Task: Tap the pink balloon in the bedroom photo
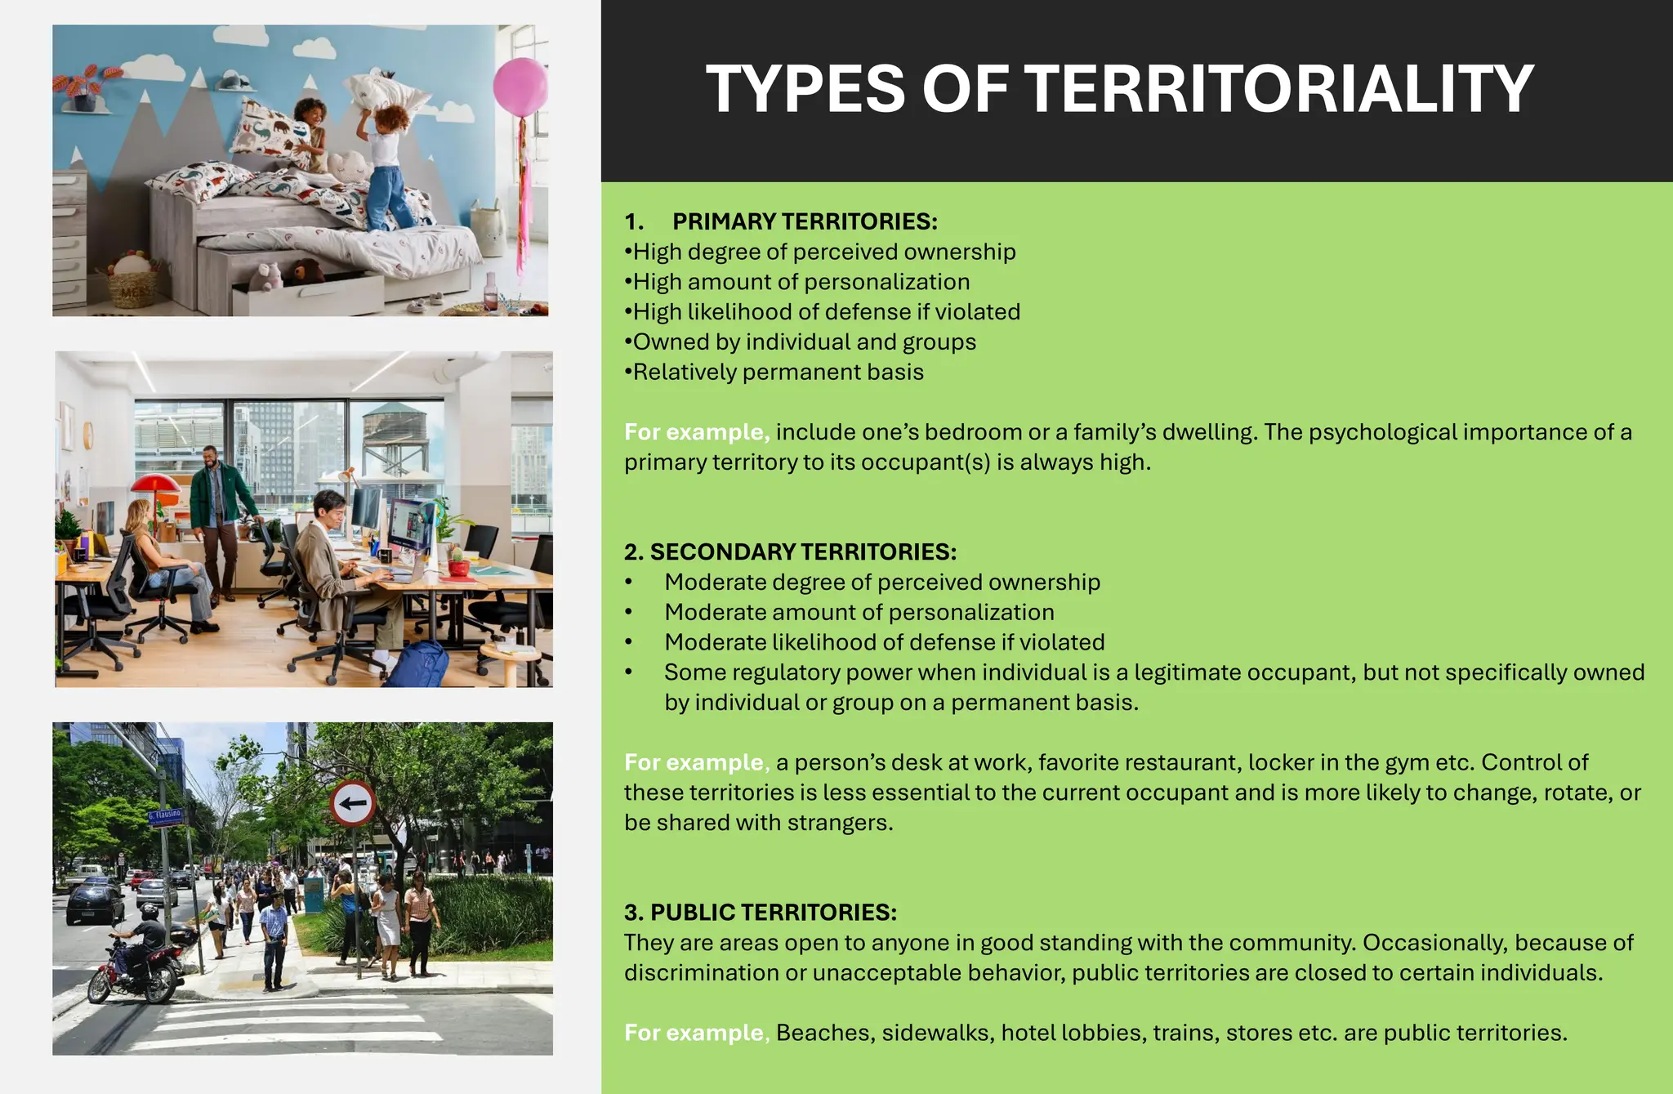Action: click(520, 86)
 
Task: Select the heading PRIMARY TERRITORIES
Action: click(805, 221)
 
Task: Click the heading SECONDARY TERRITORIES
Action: click(803, 551)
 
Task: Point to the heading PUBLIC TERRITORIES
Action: click(773, 912)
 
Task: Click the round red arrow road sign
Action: click(353, 803)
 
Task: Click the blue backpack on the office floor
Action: click(417, 663)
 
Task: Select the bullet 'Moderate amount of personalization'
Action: click(859, 612)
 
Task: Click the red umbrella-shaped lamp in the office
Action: click(155, 484)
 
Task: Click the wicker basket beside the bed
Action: click(132, 287)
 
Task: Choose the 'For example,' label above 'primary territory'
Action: click(696, 432)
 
